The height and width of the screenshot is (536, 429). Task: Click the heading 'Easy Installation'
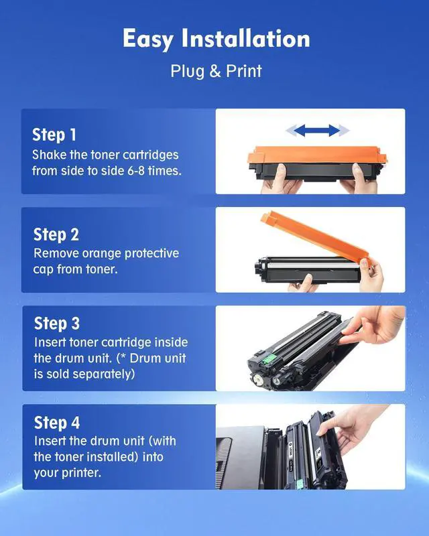217,39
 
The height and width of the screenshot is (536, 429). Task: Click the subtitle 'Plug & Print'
217,71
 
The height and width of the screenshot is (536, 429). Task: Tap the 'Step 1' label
54,135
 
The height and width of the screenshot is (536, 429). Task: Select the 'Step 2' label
56,234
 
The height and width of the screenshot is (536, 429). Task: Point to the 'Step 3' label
57,324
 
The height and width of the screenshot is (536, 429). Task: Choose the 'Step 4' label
57,423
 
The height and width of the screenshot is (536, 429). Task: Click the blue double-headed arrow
318,130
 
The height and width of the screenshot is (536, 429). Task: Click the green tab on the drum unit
269,359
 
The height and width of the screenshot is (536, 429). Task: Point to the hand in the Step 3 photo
373,326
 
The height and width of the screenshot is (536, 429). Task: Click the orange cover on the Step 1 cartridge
317,155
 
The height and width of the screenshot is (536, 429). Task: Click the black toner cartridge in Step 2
308,270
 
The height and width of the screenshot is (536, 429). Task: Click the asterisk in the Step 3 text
123,356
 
